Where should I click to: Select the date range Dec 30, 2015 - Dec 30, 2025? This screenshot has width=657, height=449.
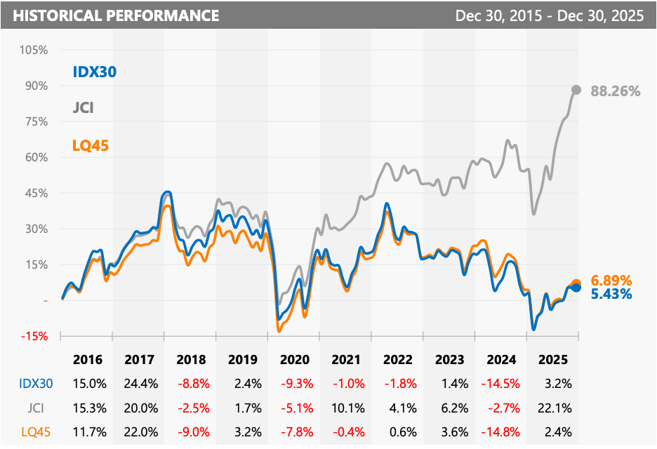[549, 15]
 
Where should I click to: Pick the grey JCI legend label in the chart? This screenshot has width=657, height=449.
[83, 108]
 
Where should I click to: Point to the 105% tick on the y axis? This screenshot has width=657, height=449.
[34, 50]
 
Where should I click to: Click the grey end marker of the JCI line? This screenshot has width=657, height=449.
[576, 90]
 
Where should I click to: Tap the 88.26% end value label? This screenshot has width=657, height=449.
[616, 91]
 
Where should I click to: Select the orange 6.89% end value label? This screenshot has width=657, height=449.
[611, 280]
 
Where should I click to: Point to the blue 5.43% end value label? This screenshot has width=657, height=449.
[611, 294]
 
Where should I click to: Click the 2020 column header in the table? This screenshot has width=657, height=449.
[295, 360]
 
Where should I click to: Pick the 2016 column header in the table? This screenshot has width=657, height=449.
[87, 360]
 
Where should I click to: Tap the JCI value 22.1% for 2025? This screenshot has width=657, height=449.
[554, 407]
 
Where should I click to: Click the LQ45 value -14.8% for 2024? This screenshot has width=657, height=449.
[502, 430]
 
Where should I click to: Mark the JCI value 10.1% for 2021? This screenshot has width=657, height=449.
[347, 407]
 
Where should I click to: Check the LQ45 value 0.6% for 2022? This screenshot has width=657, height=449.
[399, 430]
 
